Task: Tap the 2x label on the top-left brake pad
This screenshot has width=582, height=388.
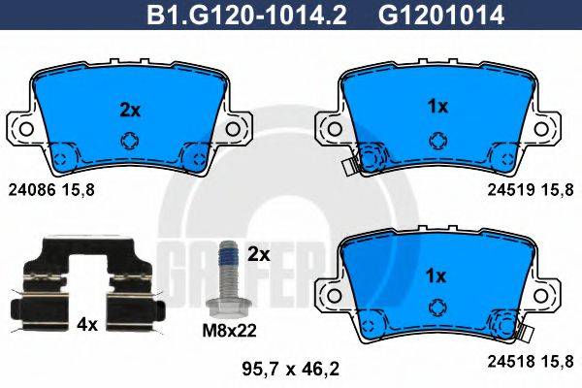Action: (x=130, y=110)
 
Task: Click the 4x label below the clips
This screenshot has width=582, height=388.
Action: (x=88, y=326)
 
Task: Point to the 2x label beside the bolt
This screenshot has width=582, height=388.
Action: (x=259, y=255)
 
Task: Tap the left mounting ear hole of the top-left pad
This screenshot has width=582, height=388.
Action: (x=26, y=128)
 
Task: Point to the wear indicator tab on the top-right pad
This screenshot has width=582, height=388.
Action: (x=347, y=166)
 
